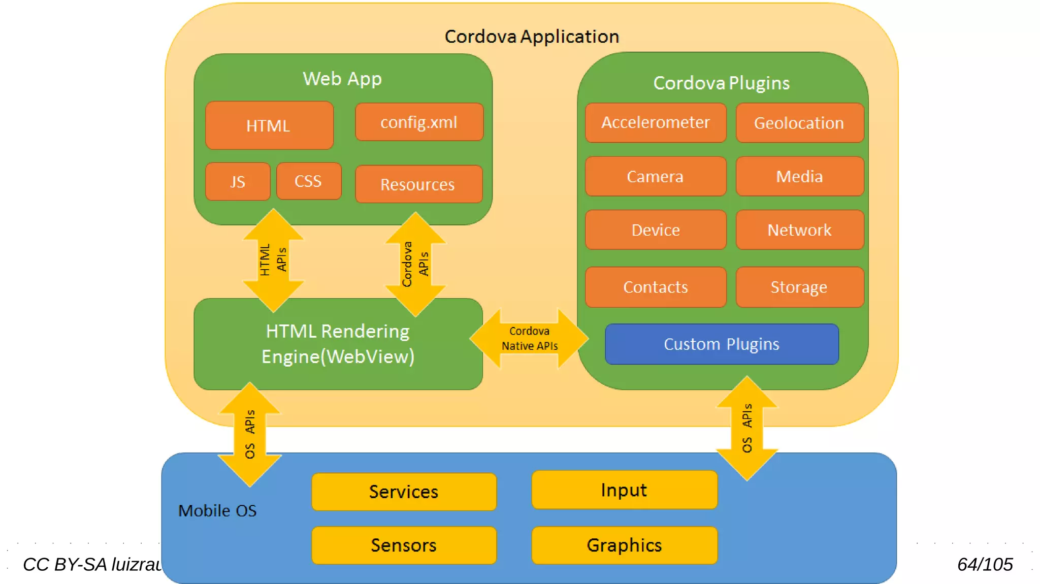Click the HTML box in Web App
(269, 125)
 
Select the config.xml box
(419, 122)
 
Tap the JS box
(238, 181)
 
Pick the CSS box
(309, 181)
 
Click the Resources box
(418, 184)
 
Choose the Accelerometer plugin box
(656, 123)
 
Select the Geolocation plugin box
(799, 123)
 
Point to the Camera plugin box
(656, 176)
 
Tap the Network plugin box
(799, 230)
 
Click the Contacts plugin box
(656, 287)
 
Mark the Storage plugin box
(799, 287)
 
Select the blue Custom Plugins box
(722, 344)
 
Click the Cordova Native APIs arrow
(529, 339)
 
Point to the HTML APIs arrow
(273, 260)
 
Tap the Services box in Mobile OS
(404, 492)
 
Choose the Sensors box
(404, 545)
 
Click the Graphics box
(624, 545)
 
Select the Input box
(624, 490)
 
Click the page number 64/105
(985, 564)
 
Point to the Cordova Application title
(532, 37)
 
